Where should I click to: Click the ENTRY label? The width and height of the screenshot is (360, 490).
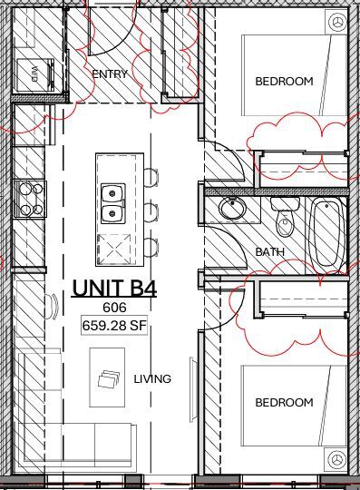coord(110,74)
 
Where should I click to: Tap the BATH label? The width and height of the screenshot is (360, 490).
coord(269,252)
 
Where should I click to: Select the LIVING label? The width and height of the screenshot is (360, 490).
coord(152,379)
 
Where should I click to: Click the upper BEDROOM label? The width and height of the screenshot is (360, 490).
coord(284,82)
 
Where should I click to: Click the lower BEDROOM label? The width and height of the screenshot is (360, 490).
coord(284,402)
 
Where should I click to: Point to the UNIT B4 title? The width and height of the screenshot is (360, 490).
coord(114,289)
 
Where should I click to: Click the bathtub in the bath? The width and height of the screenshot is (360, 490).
coord(326,233)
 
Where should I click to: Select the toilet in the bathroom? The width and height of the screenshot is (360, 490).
coord(285,220)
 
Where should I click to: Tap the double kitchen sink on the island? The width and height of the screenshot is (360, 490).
coord(114,203)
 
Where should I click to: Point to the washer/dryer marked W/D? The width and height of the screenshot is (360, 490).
coord(34,70)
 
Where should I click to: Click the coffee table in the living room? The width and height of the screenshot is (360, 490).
coord(111,380)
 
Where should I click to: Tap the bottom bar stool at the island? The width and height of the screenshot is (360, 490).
coord(151,246)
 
